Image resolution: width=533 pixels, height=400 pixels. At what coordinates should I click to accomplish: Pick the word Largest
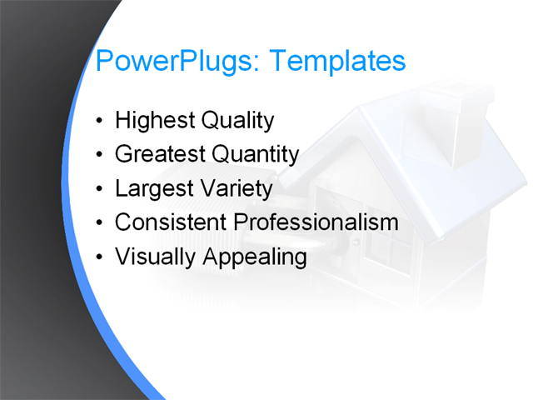coord(153,188)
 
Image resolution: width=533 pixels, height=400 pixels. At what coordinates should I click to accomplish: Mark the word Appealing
coord(252,257)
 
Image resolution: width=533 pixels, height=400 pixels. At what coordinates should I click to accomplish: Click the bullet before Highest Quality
coord(100,122)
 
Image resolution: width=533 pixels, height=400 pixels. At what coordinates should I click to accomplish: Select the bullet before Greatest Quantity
coord(100,156)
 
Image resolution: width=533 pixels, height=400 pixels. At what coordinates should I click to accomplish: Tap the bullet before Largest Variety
coord(100,190)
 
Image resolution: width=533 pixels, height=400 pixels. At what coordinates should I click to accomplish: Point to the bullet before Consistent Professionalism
coord(100,224)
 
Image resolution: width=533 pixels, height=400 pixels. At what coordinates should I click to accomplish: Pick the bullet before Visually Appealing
coord(100,258)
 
